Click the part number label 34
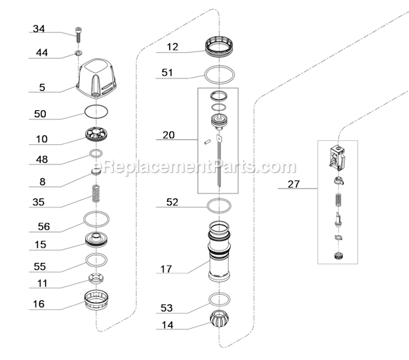pyautogui.click(x=39, y=28)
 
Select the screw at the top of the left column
pyautogui.click(x=78, y=35)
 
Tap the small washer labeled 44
pyautogui.click(x=78, y=53)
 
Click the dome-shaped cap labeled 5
pyautogui.click(x=96, y=78)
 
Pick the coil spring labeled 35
pyautogui.click(x=96, y=194)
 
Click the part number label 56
pyautogui.click(x=44, y=226)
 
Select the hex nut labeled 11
pyautogui.click(x=96, y=279)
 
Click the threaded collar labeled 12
pyautogui.click(x=220, y=47)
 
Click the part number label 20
pyautogui.click(x=168, y=135)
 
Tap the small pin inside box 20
pyautogui.click(x=207, y=142)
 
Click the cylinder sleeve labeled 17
pyautogui.click(x=219, y=252)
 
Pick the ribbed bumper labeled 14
pyautogui.click(x=219, y=319)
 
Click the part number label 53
pyautogui.click(x=166, y=308)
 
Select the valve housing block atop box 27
pyautogui.click(x=338, y=158)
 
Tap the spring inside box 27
pyautogui.click(x=338, y=200)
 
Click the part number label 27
pyautogui.click(x=294, y=185)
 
